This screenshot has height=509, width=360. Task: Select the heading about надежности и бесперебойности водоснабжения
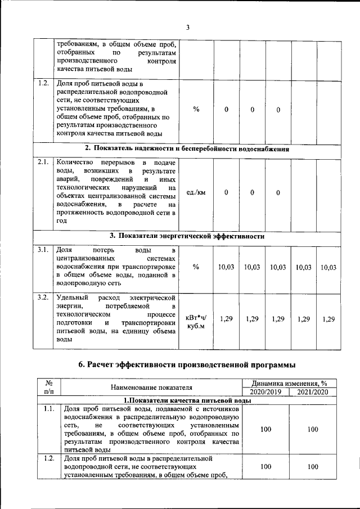pos(187,149)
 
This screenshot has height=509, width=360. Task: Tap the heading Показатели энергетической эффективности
pos(187,236)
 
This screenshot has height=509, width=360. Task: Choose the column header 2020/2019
pos(266,391)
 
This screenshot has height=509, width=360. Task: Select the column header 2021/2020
pos(313,391)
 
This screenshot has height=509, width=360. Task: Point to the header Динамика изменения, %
pos(290,383)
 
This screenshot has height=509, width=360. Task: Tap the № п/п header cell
pos(48,387)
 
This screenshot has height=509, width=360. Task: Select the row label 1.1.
pos(48,409)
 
